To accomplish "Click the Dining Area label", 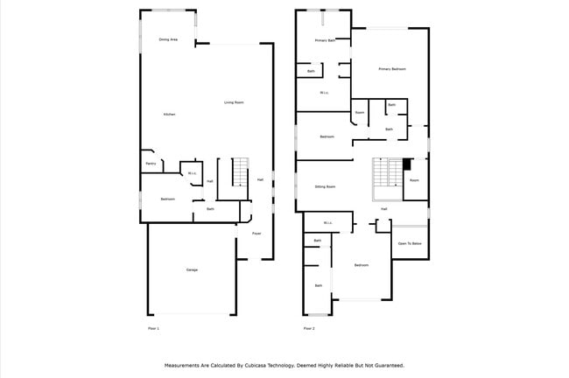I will click(169, 39).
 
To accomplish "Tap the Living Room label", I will click(234, 102).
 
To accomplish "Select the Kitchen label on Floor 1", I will click(169, 115).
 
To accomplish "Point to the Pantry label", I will click(151, 164).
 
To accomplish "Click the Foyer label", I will click(257, 234).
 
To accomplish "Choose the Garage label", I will click(192, 269).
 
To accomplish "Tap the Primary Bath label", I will click(326, 40).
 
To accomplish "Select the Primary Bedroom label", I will click(391, 68).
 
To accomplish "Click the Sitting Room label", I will click(326, 186).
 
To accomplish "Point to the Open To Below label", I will click(411, 243).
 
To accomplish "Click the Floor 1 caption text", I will click(153, 328).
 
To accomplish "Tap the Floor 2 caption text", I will click(309, 328).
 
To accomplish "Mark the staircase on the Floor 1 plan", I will click(241, 171).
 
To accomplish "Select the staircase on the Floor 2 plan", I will click(386, 172).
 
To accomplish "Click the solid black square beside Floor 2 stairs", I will click(406, 164).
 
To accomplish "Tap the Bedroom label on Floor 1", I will click(168, 199).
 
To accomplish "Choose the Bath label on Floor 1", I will click(210, 209).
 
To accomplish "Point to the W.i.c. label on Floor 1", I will click(192, 173).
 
